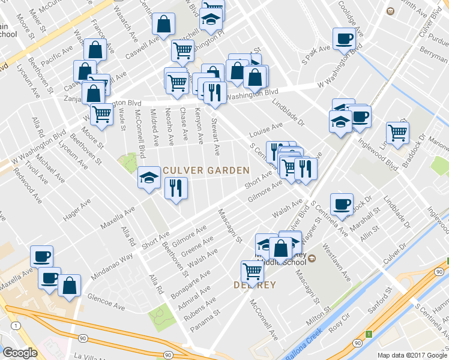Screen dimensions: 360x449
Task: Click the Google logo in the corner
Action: pos(20,353)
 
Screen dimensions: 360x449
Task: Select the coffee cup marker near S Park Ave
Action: pos(344,38)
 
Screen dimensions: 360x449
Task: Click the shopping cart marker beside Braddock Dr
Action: pos(397,133)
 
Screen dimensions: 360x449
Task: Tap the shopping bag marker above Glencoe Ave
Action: pos(70,286)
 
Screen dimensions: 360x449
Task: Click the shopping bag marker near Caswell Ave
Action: pos(163,24)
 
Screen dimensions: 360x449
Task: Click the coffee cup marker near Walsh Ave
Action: pos(342,203)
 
